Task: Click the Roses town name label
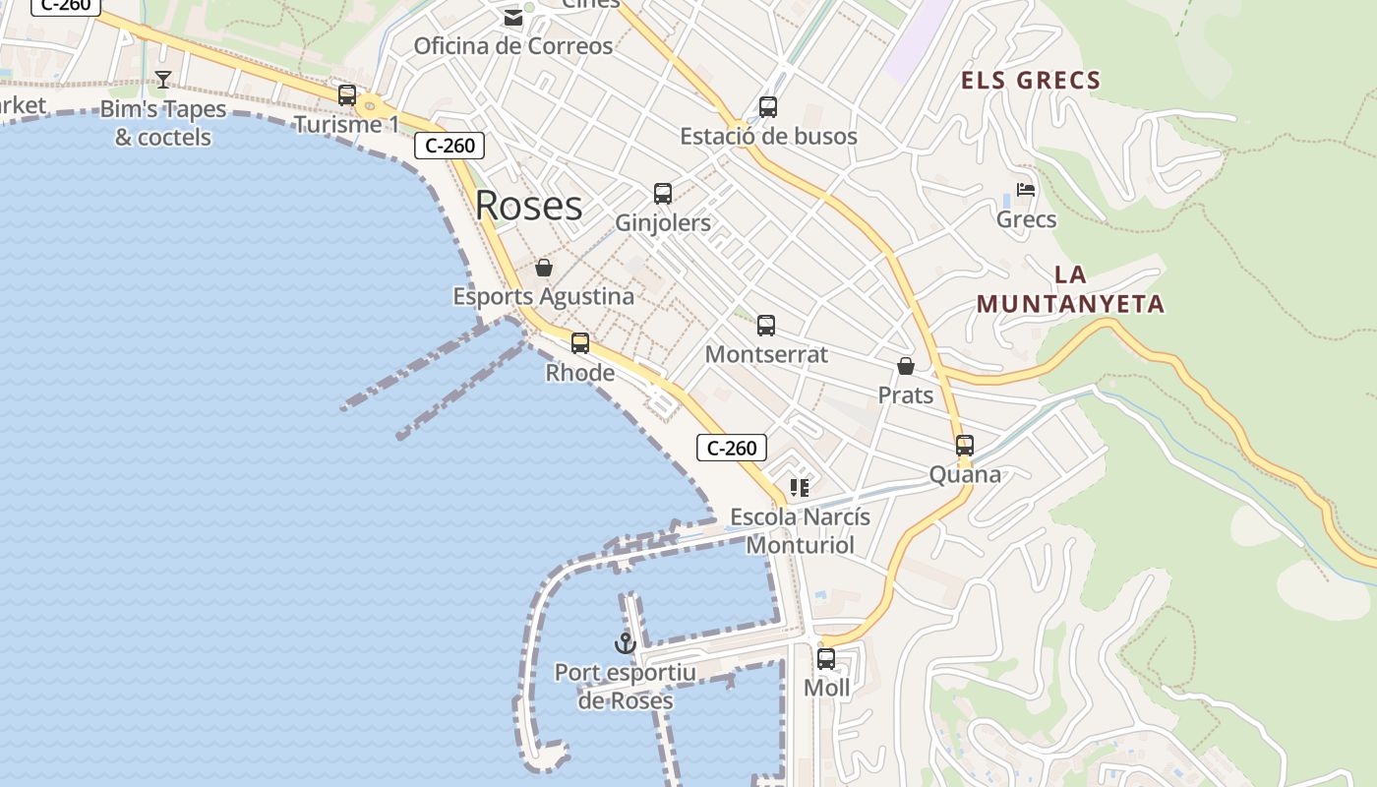tap(528, 206)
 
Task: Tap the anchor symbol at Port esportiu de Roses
tap(625, 643)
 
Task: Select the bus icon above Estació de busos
tap(768, 107)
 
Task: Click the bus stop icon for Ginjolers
tap(663, 194)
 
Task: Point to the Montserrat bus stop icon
tap(766, 326)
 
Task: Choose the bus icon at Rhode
tap(580, 343)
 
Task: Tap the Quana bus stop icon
tap(965, 446)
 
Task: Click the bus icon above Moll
tap(826, 659)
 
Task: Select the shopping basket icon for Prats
tap(906, 366)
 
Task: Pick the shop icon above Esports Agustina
tap(544, 268)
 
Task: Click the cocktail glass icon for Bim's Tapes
tap(163, 80)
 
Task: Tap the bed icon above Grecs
tap(1026, 190)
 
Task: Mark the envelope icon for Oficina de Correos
tap(512, 18)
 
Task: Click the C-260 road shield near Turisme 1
tap(449, 146)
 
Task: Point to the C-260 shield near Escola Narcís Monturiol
tap(732, 449)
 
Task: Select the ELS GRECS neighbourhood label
tap(1030, 81)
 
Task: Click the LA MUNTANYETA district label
tap(1070, 289)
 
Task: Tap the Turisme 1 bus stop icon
tap(347, 95)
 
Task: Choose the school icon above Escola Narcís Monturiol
tap(799, 488)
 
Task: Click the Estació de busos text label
tap(768, 137)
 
